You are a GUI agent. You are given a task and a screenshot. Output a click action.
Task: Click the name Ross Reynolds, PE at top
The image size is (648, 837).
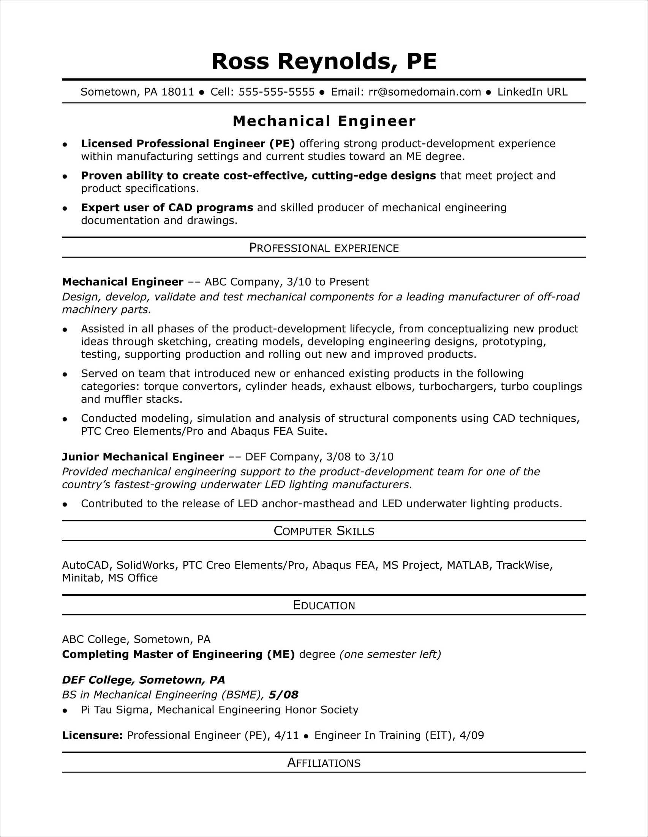[324, 61]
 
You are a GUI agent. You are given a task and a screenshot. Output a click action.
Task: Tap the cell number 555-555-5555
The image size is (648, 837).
[276, 92]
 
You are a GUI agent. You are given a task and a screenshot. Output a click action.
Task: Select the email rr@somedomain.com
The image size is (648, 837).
[424, 92]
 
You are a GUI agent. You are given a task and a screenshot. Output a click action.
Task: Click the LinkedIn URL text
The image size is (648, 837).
[532, 92]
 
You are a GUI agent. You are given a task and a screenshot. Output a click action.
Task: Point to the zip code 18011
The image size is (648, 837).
[178, 92]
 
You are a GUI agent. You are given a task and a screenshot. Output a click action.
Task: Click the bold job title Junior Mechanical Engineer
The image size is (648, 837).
[143, 457]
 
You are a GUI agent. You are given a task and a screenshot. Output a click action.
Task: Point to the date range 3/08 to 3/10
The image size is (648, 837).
[359, 457]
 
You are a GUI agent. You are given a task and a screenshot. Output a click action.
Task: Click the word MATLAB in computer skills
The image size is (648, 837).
[467, 565]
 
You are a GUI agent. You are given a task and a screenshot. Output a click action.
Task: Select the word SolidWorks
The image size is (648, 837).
[146, 565]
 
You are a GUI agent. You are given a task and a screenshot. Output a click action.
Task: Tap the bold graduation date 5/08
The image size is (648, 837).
[283, 695]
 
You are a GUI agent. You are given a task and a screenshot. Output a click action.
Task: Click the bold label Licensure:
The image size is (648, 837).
[92, 735]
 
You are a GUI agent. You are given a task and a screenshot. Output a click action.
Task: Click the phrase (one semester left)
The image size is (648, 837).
[390, 654]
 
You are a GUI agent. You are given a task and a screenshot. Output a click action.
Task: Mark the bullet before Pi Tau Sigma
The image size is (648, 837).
[65, 711]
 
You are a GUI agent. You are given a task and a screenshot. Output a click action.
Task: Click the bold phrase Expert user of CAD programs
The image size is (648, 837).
[167, 208]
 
